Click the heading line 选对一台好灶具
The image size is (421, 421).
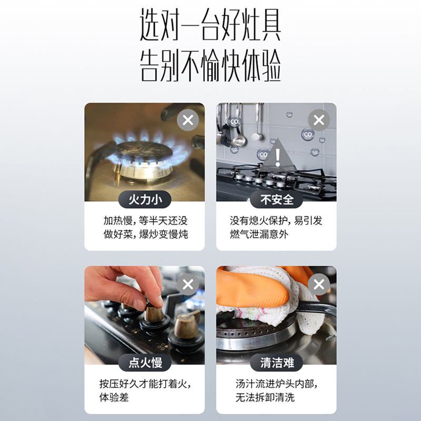tap(210, 26)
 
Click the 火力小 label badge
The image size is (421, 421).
tap(145, 199)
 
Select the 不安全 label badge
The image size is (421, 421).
tap(276, 199)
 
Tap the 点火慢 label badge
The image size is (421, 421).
tap(145, 363)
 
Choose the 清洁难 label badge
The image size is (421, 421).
tap(276, 363)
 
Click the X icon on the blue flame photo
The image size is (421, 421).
tap(188, 121)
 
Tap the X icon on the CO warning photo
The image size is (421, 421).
tap(319, 121)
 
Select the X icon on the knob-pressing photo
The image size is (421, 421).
tap(188, 285)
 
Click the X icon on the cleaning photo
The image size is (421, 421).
tap(319, 285)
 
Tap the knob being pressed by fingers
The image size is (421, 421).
tap(154, 314)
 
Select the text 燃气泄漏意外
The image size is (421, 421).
tap(259, 234)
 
